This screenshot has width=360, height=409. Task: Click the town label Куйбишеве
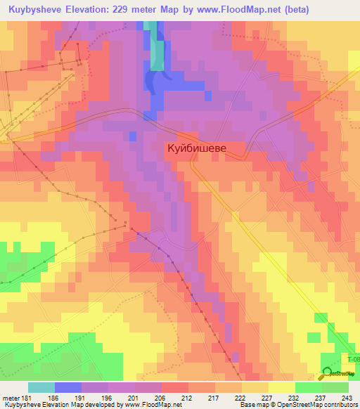point(205,148)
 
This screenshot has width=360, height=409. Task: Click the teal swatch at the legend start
point(41,387)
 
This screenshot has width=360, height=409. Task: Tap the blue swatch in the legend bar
point(68,387)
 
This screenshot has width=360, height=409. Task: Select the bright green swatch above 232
point(309,387)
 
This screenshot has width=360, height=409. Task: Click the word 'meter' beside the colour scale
point(11,398)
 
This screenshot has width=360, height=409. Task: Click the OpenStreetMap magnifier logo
point(328,372)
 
